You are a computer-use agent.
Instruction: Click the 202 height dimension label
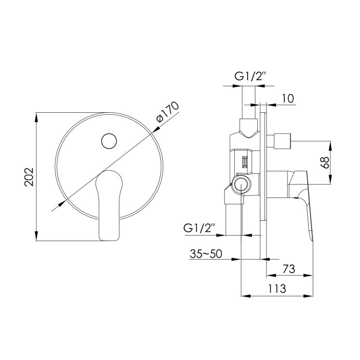[29, 177]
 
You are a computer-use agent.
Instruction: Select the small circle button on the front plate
[109, 141]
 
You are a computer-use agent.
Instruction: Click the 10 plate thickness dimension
[288, 99]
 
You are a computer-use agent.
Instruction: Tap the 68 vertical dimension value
[324, 163]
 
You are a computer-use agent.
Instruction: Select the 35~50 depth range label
[206, 254]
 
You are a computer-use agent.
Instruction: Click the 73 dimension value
[289, 269]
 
